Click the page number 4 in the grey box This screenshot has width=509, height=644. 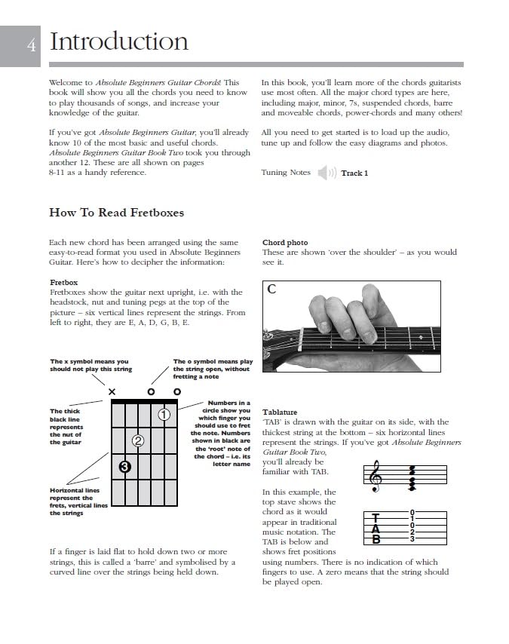point(32,46)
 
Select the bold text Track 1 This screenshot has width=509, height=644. point(354,173)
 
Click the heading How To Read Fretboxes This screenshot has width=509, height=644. point(116,213)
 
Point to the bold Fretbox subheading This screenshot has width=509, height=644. point(63,282)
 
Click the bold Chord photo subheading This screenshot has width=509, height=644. point(285,243)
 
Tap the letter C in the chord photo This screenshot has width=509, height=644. point(271,290)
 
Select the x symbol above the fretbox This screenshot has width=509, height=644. point(112,391)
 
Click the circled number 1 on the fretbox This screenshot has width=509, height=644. point(164,414)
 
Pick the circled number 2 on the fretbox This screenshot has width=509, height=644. point(138,441)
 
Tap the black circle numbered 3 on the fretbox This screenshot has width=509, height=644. point(125,467)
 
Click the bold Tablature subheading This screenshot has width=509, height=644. point(280,412)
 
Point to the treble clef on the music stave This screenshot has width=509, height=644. point(375,477)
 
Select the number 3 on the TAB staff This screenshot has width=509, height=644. point(412,539)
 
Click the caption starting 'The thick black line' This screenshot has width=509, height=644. point(66,427)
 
